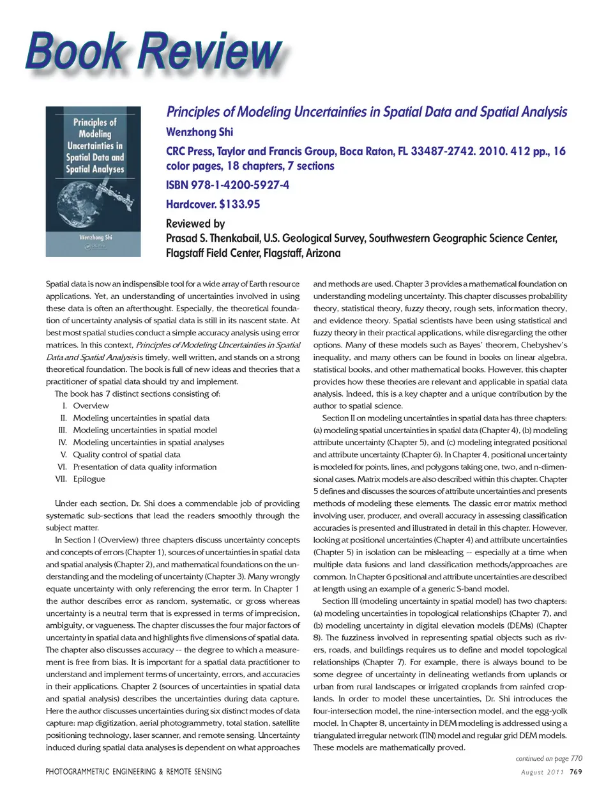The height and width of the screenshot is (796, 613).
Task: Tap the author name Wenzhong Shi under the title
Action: tap(199, 132)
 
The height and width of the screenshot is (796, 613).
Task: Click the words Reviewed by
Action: tap(195, 224)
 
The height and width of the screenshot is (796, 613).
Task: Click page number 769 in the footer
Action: tap(575, 772)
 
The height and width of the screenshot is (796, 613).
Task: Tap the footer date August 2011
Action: tap(542, 772)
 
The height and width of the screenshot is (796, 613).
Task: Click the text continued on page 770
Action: tap(549, 758)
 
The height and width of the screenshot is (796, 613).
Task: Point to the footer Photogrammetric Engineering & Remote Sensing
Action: tap(133, 772)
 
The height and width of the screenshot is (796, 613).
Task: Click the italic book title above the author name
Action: tap(367, 112)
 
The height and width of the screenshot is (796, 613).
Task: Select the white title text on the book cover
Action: tap(95, 146)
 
